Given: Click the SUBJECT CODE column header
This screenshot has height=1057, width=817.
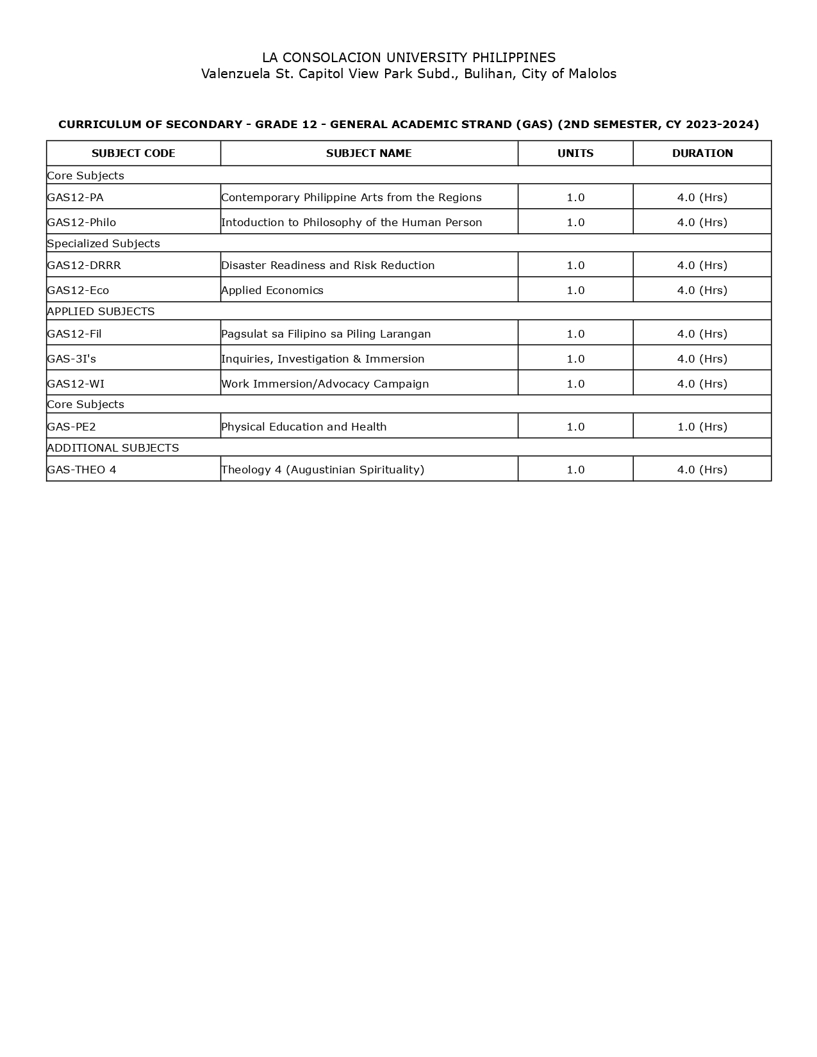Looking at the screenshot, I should pos(133,153).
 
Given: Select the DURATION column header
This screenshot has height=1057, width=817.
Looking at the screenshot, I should pos(702,153).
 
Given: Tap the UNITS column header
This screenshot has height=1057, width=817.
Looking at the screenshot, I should pos(575,153).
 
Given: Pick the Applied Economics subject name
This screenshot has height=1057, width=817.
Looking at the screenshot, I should pos(272,290).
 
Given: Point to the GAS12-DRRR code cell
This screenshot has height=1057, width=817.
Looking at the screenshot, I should pos(84,265).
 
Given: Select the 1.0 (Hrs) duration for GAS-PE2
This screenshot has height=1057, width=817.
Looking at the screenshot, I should pos(702,427).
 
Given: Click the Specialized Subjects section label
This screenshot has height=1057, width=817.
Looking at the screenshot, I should pos(104,243).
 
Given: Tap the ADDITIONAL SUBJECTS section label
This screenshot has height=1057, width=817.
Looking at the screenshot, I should pos(113,448).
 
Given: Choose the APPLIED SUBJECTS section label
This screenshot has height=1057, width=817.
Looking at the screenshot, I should pos(101,311).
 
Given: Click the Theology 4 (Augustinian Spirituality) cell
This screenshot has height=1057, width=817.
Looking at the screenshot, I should pos(322,470).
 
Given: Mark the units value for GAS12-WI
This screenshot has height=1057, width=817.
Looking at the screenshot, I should pos(575,384).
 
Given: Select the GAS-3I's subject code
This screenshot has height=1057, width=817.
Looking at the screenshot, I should pos(72,359).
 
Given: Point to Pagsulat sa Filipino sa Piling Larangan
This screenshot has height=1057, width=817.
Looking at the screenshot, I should pos(326,334).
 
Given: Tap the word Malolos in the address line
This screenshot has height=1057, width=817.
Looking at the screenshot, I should pos(593,74).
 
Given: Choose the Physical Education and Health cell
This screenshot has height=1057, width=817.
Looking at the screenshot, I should pos(304,427).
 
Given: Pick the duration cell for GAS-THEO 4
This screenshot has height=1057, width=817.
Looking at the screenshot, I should pos(702,470).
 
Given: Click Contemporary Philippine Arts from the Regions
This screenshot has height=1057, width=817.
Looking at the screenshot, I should pos(351,197).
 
